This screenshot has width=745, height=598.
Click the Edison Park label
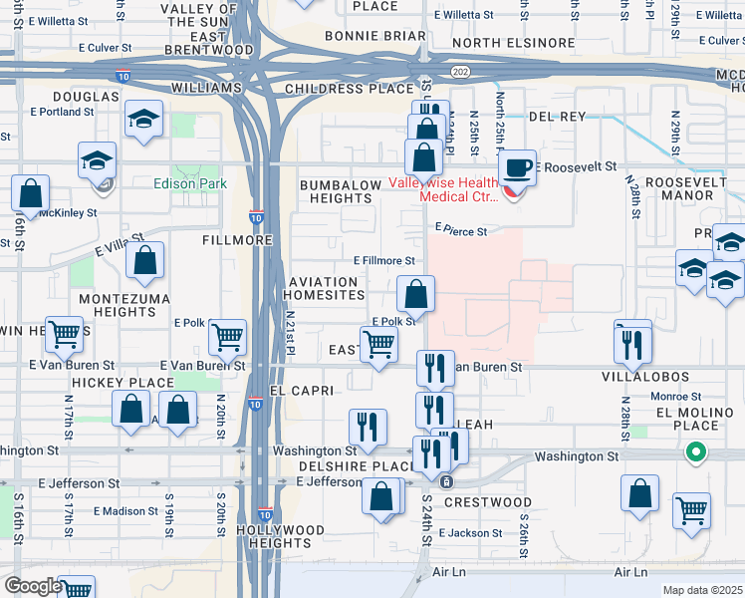[189, 183]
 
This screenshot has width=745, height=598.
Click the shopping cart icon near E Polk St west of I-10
[228, 339]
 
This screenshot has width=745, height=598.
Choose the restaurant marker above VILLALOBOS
[632, 342]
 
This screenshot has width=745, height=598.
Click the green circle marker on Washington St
[697, 452]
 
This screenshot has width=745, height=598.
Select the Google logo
[33, 586]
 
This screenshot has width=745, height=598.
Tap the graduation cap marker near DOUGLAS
[144, 120]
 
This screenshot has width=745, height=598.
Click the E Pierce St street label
[460, 230]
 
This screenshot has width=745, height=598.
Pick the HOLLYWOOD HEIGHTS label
[282, 536]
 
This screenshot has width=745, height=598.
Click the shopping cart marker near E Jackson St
[691, 511]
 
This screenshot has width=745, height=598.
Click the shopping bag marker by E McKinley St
[31, 194]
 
